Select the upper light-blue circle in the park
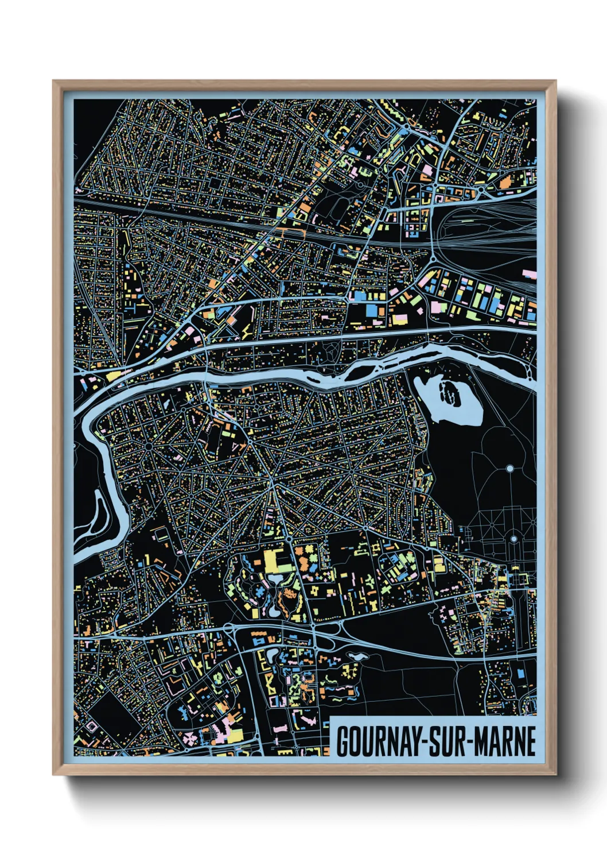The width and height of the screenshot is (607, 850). click(x=509, y=469)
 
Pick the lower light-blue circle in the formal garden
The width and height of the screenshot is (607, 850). click(x=513, y=539)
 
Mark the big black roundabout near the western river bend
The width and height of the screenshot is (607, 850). click(x=148, y=445)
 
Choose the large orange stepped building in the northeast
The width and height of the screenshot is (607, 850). click(x=505, y=183)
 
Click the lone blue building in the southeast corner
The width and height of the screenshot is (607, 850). click(x=521, y=673)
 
